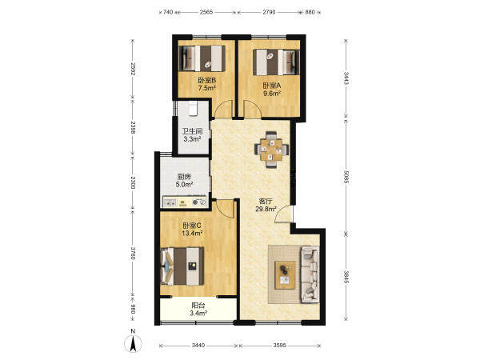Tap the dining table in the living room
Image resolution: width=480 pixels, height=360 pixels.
271,150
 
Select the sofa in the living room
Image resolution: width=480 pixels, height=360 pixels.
310,274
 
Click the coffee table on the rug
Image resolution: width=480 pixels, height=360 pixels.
285,275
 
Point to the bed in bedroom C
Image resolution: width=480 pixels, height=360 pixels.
182,266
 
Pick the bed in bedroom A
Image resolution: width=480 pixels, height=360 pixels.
276,62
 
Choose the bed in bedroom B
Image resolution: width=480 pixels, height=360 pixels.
202,58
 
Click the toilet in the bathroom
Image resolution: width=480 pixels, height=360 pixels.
193,108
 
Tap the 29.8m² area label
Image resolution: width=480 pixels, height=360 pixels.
266,209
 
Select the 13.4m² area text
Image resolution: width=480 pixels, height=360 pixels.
192,234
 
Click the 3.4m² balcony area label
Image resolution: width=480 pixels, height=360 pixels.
198,313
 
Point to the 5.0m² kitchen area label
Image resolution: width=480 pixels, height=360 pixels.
184,184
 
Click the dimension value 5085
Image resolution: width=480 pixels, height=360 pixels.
346,178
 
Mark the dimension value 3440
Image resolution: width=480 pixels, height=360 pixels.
198,346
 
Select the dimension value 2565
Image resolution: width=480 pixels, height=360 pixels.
206,12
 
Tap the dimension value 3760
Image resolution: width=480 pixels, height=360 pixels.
133,253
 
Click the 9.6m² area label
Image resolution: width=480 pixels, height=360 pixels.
272,94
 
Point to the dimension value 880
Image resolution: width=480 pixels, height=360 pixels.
310,12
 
